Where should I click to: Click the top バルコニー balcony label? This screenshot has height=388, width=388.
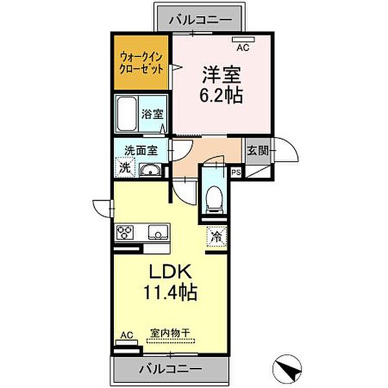coord(200,20)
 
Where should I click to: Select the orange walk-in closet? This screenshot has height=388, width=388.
coord(140,63)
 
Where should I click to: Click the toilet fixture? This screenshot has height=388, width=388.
coord(211,198)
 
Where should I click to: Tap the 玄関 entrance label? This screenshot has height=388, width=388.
coord(257,151)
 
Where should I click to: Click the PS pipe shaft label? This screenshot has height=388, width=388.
coord(236,172)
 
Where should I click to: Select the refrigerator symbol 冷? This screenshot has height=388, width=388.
coord(216,236)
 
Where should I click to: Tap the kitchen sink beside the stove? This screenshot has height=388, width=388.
coord(157,232)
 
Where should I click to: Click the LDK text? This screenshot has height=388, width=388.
coord(169,270)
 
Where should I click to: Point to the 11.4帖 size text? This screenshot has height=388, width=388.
coord(170,292)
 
